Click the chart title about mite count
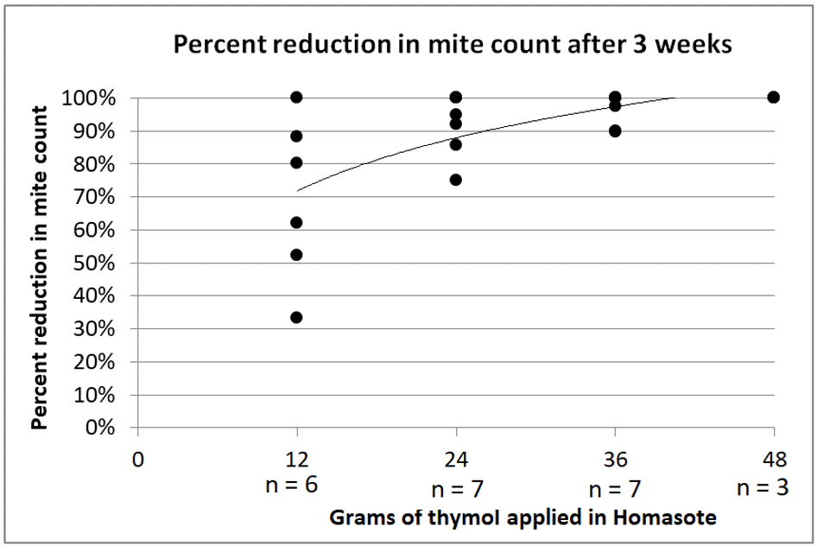pos(453,46)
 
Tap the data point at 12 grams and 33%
pos(296,317)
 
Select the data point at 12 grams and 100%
pos(296,97)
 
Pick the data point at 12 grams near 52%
pos(296,254)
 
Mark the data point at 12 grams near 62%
pos(296,222)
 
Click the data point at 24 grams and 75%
pos(456,180)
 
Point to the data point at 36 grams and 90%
pos(615,130)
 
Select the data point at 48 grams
pos(774,97)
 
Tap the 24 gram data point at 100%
pos(456,97)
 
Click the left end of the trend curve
pos(298,190)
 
